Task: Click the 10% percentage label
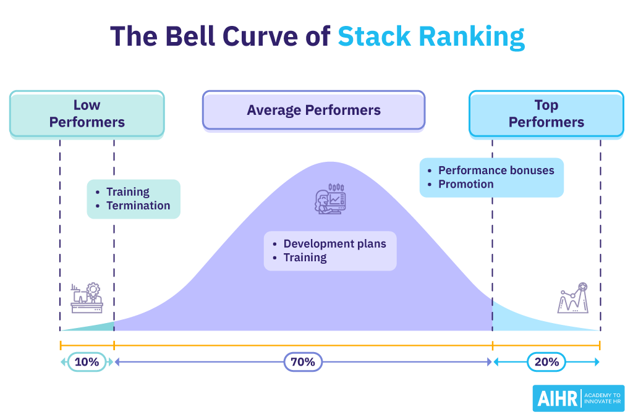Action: pyautogui.click(x=87, y=362)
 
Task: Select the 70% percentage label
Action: pyautogui.click(x=303, y=362)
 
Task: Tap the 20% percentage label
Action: pyautogui.click(x=546, y=362)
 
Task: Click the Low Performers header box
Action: pyautogui.click(x=87, y=114)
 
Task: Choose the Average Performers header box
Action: pyautogui.click(x=313, y=111)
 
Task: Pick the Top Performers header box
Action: pyautogui.click(x=546, y=114)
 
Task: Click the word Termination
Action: pyautogui.click(x=138, y=206)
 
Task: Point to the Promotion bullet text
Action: pyautogui.click(x=465, y=184)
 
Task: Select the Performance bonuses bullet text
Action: pyautogui.click(x=496, y=170)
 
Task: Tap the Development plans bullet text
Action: pyautogui.click(x=334, y=243)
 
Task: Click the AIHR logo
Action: pyautogui.click(x=578, y=398)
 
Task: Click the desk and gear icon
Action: pyautogui.click(x=87, y=298)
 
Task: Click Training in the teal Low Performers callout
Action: pyautogui.click(x=127, y=192)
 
